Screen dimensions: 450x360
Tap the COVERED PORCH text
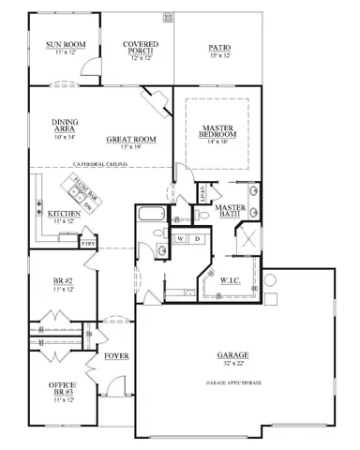(142, 45)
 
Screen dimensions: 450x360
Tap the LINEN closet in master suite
(202, 193)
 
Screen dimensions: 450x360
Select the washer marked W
(179, 239)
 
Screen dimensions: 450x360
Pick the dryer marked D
(197, 239)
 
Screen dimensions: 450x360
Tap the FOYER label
(116, 356)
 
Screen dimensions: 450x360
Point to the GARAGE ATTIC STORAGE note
(235, 383)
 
